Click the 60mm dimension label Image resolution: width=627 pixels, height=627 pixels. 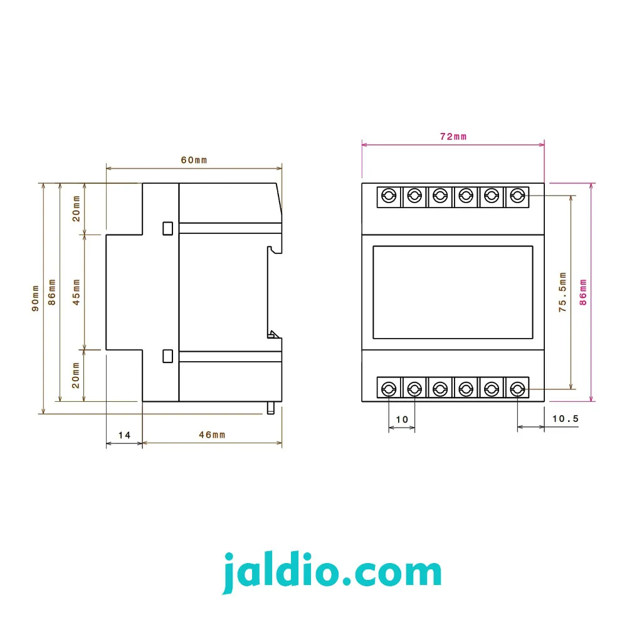tap(194, 161)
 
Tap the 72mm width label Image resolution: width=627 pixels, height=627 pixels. tap(453, 137)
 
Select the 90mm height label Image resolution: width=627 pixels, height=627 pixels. tap(36, 298)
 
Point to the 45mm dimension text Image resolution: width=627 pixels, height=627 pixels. tap(76, 292)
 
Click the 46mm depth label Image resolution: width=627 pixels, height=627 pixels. tap(212, 435)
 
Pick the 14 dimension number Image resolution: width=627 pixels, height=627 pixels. tap(124, 435)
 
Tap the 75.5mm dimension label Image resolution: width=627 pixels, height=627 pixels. tap(562, 292)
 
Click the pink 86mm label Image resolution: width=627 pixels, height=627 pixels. tap(583, 292)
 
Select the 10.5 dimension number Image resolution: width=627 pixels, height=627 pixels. tap(565, 419)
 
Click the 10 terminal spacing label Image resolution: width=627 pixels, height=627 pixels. tap(402, 419)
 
